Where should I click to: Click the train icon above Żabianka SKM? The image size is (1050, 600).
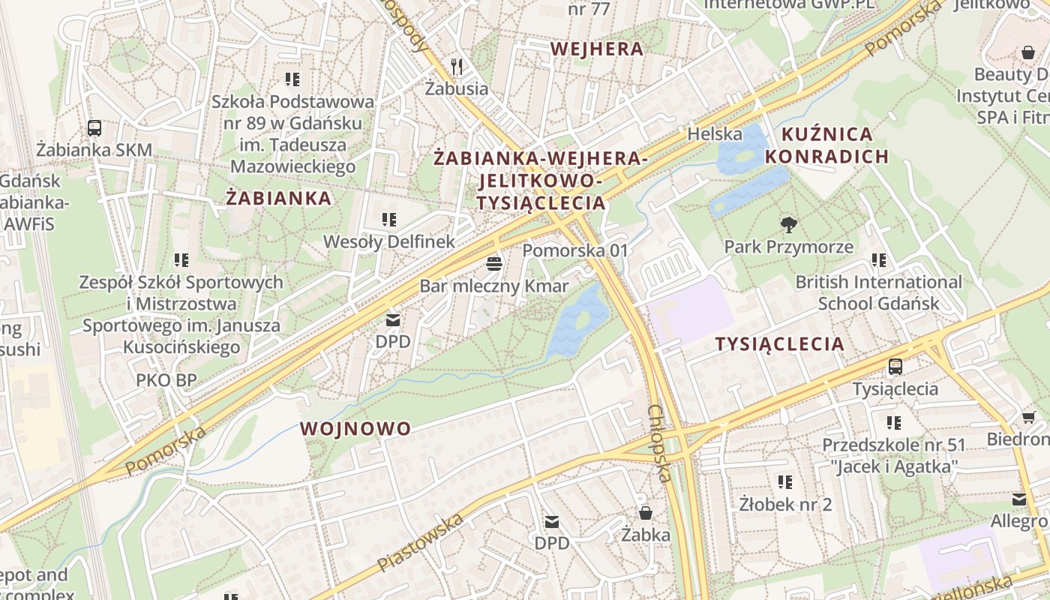click(x=94, y=128)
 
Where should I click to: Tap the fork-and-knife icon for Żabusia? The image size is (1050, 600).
click(x=457, y=67)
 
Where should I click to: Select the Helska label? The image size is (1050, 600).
click(x=715, y=134)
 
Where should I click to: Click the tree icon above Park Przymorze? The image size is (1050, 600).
click(x=788, y=224)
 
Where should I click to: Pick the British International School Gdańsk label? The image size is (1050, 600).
click(x=878, y=292)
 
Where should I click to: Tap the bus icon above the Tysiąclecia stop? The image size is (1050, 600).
click(x=895, y=367)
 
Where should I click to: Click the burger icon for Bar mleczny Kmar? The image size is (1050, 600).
click(x=493, y=263)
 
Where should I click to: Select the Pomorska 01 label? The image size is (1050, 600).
click(x=574, y=250)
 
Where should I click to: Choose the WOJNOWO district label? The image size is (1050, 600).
click(x=355, y=429)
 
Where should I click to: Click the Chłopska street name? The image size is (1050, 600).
click(x=658, y=442)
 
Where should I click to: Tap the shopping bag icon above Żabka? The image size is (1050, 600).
click(x=645, y=513)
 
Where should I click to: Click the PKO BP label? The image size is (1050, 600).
click(x=166, y=380)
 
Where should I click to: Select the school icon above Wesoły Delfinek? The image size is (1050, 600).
click(x=388, y=220)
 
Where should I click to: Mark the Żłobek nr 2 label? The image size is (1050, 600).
click(x=784, y=504)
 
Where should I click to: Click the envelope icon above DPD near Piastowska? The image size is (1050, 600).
click(x=552, y=521)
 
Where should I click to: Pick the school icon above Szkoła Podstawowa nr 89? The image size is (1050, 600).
click(x=292, y=79)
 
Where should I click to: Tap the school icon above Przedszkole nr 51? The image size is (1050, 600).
click(x=893, y=423)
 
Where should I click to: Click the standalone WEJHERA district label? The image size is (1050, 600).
click(x=596, y=49)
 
